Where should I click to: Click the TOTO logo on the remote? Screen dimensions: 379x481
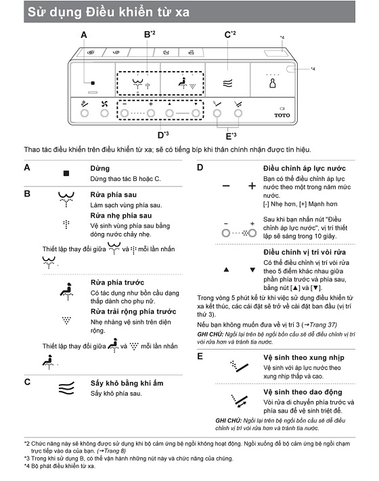[x=282, y=115]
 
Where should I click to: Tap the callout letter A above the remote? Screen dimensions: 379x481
[x=84, y=35]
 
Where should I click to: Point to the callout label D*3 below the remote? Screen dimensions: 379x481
[x=163, y=135]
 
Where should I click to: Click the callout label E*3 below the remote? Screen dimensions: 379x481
[x=231, y=136]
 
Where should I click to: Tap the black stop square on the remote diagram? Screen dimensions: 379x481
[x=93, y=83]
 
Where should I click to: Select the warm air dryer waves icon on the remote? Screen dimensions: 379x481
[x=227, y=83]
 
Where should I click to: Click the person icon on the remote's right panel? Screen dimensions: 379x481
[x=272, y=83]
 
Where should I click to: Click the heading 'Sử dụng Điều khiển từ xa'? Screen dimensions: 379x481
[x=108, y=12]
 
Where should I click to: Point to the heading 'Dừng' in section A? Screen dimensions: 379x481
[x=100, y=168]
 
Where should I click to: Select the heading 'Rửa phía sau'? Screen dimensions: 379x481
[x=114, y=194]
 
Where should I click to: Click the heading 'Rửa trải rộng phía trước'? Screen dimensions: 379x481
[x=133, y=312]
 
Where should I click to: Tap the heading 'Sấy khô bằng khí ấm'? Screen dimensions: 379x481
[x=127, y=383]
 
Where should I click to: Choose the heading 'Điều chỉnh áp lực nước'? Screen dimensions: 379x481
[x=305, y=168]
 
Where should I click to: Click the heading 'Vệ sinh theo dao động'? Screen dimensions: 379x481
[x=303, y=392]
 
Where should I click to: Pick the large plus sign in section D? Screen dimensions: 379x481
[x=252, y=186]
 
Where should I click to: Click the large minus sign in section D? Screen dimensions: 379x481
[x=226, y=186]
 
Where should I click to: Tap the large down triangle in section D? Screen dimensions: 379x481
[x=252, y=270]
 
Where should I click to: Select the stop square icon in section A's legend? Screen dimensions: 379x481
[x=66, y=173]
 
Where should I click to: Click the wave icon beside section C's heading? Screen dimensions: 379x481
[x=66, y=388]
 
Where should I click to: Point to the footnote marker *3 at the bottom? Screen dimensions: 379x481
[x=27, y=458]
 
